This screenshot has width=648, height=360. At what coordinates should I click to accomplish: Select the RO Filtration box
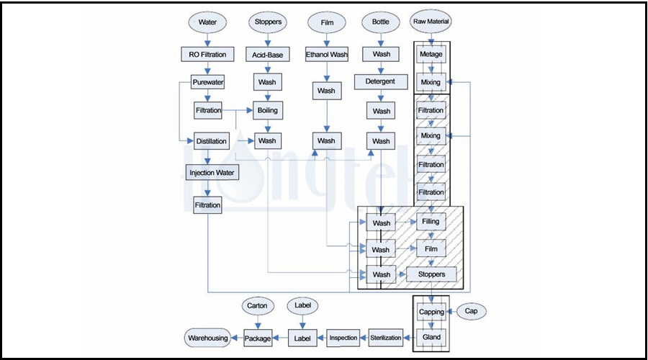pos(207,54)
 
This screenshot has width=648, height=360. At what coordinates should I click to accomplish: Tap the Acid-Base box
pos(267,54)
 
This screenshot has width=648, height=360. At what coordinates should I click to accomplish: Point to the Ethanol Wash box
pos(326,54)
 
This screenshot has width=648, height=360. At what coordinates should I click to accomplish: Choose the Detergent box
pos(380,81)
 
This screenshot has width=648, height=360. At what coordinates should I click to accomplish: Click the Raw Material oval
pos(431,22)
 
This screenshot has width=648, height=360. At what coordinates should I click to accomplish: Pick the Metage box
pos(431,54)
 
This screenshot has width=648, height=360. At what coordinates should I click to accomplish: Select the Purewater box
pos(207,83)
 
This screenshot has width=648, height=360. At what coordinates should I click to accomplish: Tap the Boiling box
pos(267,112)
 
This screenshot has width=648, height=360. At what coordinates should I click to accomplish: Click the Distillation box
pos(212,141)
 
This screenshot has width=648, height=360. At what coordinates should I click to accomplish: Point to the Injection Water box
pos(212,173)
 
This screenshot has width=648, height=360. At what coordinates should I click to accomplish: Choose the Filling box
pos(431,222)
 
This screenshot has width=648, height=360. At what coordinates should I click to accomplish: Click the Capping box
pos(431,312)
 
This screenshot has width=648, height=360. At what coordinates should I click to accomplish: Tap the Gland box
pos(431,337)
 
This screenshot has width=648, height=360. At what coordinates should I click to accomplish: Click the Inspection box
pos(343,337)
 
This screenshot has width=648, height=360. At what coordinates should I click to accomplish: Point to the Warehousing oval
pos(207,337)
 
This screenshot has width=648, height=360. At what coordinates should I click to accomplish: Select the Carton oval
pos(257,305)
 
